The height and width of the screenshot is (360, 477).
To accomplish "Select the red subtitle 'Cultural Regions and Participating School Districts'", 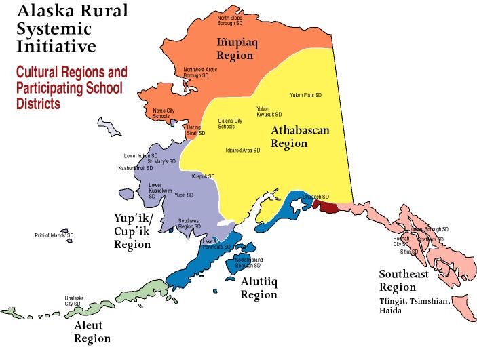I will click(72, 87).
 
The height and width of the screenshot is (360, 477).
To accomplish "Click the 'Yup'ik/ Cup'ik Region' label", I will click(132, 231).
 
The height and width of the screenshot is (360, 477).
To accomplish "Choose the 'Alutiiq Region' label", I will click(259, 287).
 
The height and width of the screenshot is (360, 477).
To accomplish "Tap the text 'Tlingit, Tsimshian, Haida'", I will click(414, 306).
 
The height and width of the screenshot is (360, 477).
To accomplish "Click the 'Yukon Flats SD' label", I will click(305, 95).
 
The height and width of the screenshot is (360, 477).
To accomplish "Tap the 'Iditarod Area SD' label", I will click(243, 150).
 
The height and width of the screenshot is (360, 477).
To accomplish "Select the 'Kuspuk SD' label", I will click(203, 176).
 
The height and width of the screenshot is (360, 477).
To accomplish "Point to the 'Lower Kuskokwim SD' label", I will click(161, 191).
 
